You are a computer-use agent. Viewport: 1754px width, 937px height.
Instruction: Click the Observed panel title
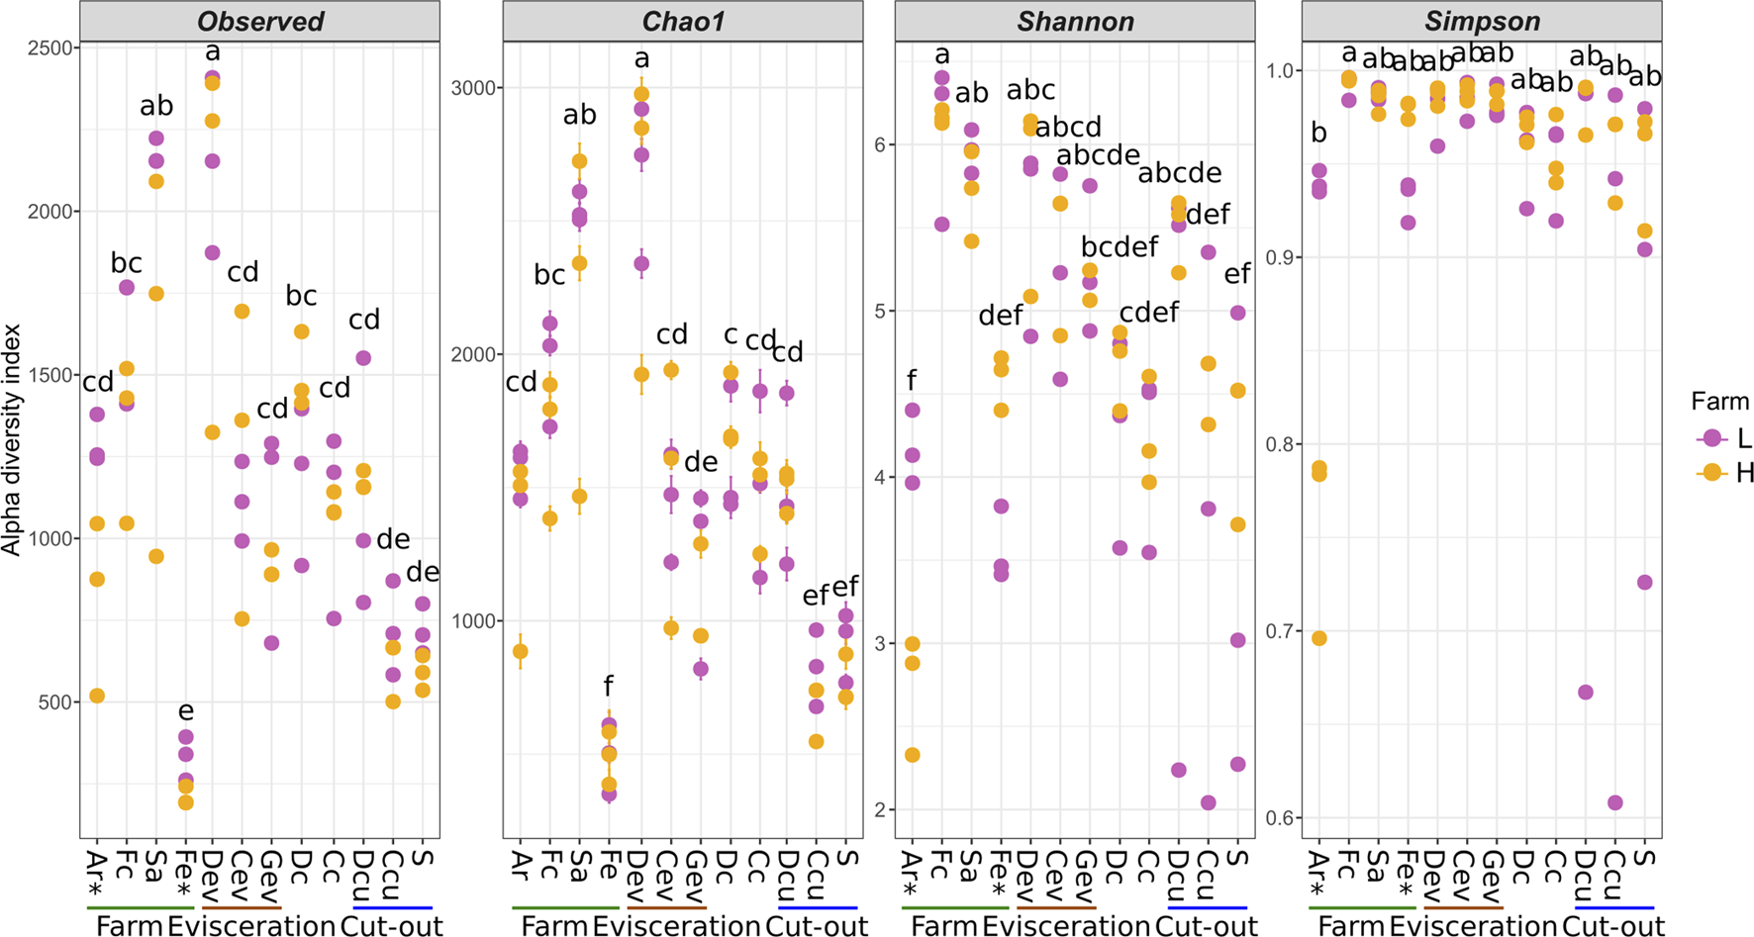click(260, 21)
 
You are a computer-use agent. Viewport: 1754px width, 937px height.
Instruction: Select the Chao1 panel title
click(683, 21)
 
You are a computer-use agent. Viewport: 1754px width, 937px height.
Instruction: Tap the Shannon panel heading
click(1075, 21)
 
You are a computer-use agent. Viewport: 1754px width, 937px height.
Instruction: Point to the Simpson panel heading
click(1482, 21)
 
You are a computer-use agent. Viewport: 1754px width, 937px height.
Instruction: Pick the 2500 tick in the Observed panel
click(46, 48)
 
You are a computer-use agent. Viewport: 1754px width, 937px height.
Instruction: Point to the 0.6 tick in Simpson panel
click(1281, 818)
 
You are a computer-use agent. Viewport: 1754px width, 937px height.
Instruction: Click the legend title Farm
click(1719, 402)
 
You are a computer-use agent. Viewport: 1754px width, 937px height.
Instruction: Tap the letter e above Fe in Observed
click(185, 710)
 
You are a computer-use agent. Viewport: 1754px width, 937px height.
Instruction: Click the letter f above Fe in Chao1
click(609, 685)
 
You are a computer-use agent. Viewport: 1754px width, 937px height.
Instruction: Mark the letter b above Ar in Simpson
click(1318, 133)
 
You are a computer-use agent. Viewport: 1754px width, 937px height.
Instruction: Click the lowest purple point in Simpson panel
click(1615, 802)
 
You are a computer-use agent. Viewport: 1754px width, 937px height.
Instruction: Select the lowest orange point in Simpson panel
click(1318, 638)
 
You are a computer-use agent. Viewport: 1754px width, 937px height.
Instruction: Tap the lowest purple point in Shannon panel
click(1208, 802)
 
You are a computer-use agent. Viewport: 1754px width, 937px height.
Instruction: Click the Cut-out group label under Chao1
click(817, 926)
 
